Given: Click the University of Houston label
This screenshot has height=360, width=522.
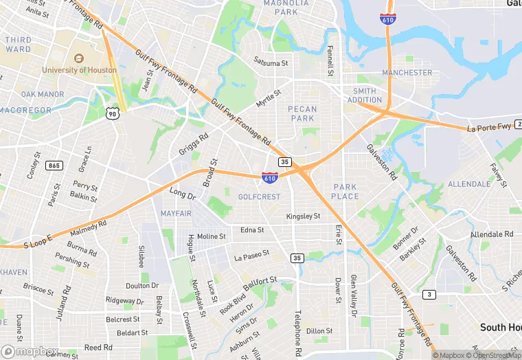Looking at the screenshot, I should tap(79, 69).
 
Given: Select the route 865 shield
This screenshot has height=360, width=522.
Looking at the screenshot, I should tap(54, 166).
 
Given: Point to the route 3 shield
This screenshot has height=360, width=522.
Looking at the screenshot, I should tap(429, 295).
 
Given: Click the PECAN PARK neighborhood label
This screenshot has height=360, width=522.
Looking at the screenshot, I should tap(302, 113).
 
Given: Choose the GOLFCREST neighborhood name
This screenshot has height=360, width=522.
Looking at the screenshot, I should tap(259, 196).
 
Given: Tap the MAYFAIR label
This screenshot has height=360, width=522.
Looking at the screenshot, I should tap(176, 214).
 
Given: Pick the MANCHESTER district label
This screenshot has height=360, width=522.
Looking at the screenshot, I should tap(407, 73).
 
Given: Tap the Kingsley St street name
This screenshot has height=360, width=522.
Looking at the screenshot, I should tap(303, 216).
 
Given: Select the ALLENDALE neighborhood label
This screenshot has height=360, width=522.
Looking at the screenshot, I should tap(469, 185).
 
